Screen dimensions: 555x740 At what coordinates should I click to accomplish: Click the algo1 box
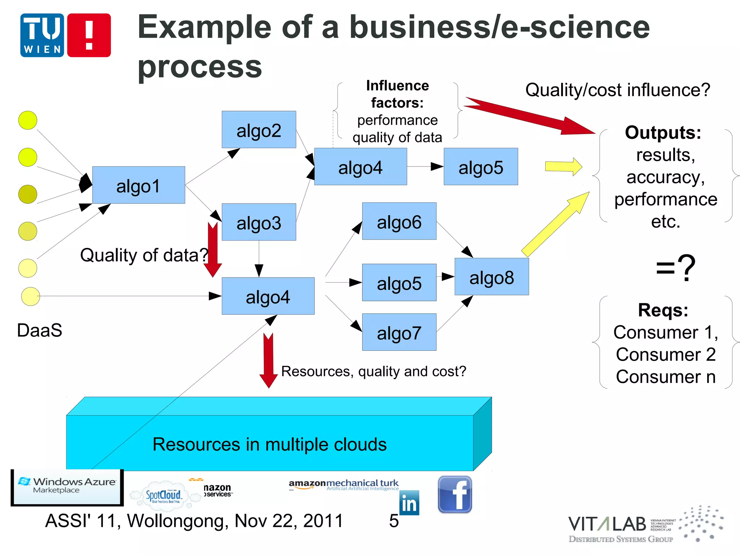coord(138,185)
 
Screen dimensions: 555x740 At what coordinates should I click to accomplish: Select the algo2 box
coord(259,129)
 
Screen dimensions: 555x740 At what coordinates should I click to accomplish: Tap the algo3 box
coord(259,222)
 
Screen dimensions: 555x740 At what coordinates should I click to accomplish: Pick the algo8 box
coord(491,277)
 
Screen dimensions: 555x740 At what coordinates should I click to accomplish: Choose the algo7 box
coord(399,332)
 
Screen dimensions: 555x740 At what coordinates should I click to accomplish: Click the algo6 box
coord(399,221)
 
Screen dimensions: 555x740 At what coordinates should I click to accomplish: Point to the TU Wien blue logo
coord(42,35)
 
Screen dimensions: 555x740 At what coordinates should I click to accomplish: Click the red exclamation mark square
coord(89,35)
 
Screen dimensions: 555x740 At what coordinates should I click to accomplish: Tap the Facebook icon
coord(455,494)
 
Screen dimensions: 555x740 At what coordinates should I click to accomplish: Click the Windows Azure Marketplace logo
coord(67,486)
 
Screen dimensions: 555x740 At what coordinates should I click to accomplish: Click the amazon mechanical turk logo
coord(343,484)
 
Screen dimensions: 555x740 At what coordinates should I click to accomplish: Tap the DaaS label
coord(39,330)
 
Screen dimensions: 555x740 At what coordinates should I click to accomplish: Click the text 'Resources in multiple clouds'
coord(269,444)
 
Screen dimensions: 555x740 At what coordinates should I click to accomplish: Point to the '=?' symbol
coord(675,268)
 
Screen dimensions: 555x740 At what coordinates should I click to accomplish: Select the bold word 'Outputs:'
coord(663,132)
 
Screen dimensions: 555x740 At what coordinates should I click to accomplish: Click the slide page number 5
coord(393,521)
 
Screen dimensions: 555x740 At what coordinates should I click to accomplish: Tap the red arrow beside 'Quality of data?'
coord(212,249)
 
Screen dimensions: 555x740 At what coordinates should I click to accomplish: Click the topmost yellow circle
coord(28,120)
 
